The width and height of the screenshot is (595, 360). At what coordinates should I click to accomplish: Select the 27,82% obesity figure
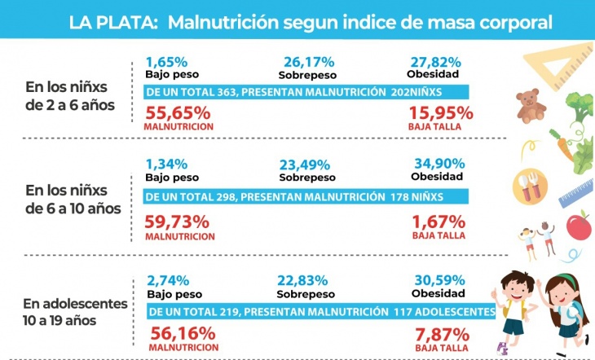click(436, 61)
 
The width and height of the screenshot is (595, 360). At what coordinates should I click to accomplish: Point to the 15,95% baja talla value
click(436, 112)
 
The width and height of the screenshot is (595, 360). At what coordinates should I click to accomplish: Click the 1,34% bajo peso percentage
click(166, 163)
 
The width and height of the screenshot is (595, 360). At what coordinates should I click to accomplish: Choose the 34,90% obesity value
click(438, 163)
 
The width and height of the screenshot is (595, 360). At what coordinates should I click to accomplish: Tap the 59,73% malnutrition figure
click(178, 221)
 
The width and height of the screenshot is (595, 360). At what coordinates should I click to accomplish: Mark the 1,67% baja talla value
click(439, 221)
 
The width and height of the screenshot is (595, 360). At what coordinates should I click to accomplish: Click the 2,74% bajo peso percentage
click(167, 278)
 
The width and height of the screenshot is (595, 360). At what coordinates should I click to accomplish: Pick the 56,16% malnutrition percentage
click(183, 332)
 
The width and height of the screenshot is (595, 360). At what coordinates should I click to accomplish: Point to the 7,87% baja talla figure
click(441, 333)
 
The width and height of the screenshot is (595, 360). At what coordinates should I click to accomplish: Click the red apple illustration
click(578, 225)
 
